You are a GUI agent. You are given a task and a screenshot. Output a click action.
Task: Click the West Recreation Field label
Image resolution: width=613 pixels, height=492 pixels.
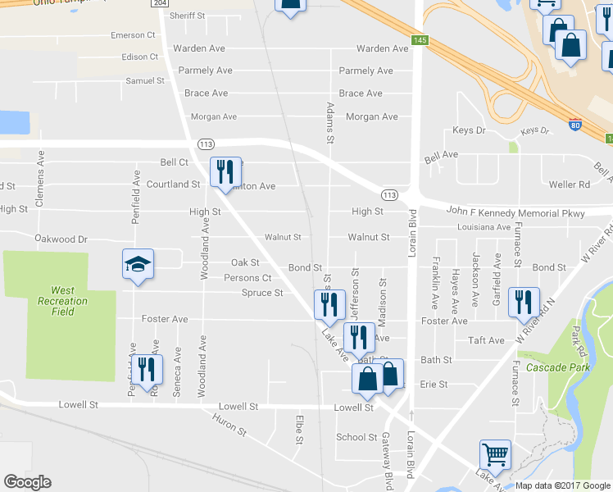point(62,301)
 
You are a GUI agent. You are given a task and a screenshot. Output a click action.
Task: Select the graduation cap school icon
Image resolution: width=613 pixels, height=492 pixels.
point(138,264)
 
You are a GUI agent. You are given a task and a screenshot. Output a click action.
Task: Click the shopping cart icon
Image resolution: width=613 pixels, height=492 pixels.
point(495,454)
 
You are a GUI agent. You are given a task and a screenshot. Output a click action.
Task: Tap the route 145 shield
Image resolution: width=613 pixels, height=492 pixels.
point(420,40)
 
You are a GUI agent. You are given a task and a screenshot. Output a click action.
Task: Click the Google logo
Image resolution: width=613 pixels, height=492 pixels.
point(27,482)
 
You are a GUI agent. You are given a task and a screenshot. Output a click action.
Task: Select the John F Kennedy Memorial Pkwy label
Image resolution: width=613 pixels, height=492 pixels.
point(515,212)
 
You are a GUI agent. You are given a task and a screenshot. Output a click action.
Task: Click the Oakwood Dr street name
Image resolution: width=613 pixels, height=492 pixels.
point(61,239)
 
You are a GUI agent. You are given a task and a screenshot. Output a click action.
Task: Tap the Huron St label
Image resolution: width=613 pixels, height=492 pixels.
point(229,423)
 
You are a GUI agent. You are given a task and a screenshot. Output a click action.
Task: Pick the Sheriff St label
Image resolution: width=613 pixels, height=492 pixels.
point(186,16)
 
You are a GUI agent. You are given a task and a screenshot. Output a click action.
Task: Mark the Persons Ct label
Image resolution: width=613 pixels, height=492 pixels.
point(247,278)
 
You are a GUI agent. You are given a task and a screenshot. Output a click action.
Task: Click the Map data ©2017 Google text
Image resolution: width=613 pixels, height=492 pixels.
point(561,485)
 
